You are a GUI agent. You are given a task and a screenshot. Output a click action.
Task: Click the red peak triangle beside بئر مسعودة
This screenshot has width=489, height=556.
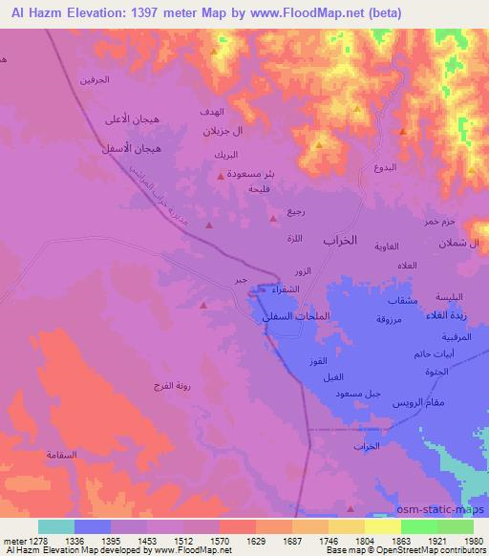[222, 175]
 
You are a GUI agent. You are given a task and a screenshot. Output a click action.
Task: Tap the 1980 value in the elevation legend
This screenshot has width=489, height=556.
[475, 542]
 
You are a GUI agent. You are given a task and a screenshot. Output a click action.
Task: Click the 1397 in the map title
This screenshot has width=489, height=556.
[152, 12]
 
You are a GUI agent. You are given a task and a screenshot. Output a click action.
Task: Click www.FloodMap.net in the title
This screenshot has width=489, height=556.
[311, 12]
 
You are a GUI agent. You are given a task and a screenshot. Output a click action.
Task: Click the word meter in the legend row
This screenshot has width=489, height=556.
[16, 542]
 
